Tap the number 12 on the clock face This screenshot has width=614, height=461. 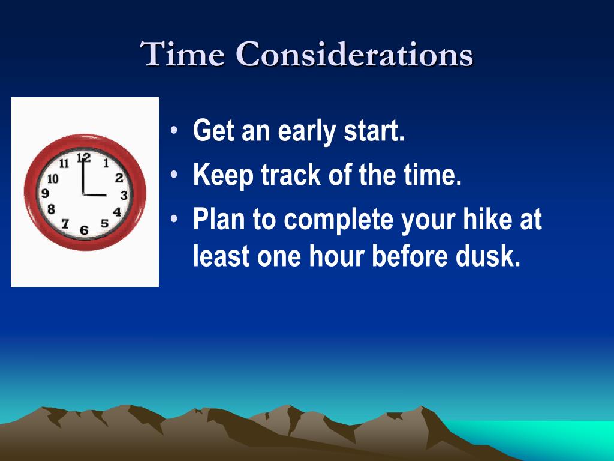84,158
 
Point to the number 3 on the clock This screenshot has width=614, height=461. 124,195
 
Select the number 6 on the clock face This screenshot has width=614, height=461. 84,230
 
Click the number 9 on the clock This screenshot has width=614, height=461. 45,193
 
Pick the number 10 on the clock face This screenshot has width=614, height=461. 53,178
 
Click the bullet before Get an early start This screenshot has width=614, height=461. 174,131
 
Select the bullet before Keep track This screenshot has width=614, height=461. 174,175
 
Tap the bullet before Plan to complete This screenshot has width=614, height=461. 174,219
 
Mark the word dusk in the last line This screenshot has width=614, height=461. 491,257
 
